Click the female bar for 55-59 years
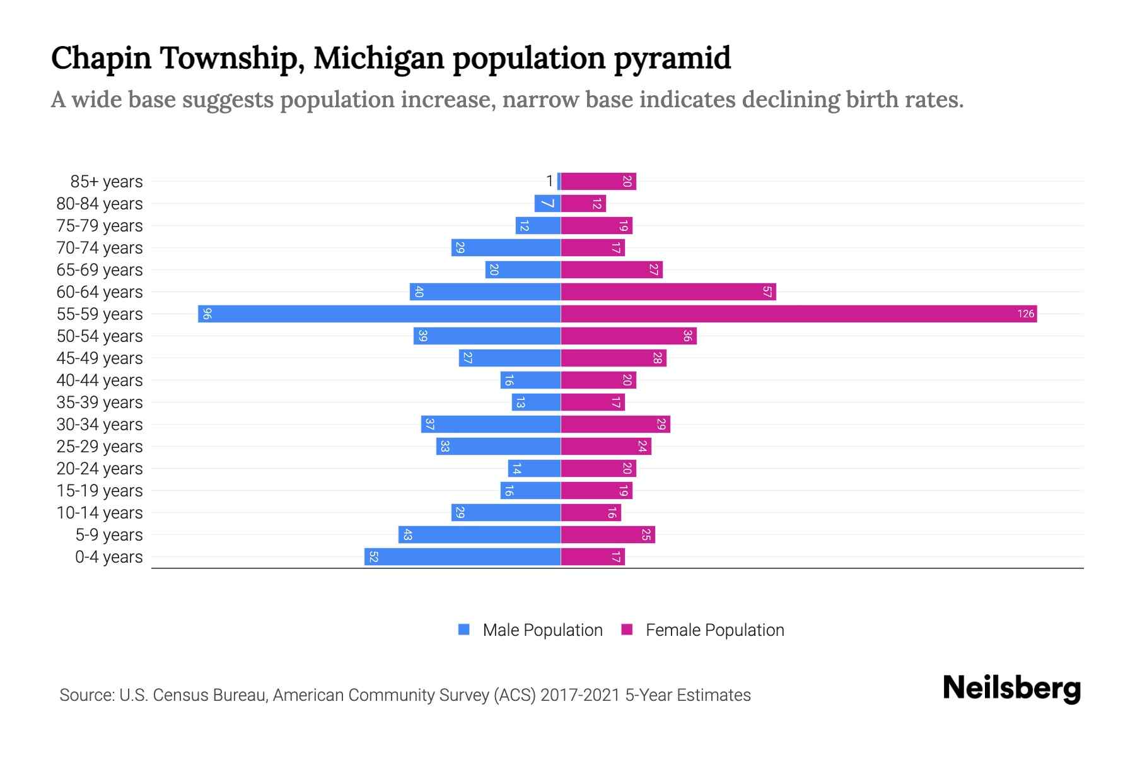[x=798, y=314]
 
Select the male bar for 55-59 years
[x=379, y=314]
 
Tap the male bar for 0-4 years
[x=462, y=556]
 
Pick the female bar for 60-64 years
[x=668, y=291]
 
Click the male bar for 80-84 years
[x=547, y=203]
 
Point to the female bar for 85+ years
[x=598, y=181]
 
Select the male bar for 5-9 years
[x=479, y=534]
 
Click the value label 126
[x=1025, y=314]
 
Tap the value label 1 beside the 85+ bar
[x=549, y=181]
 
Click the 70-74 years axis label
[x=100, y=247]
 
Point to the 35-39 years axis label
[x=100, y=402]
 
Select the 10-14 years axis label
[x=100, y=512]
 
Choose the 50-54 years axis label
[x=100, y=336]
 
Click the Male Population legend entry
[x=542, y=630]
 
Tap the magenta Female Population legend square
[x=627, y=630]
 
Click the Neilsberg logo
[x=1011, y=688]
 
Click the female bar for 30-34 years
[x=615, y=424]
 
